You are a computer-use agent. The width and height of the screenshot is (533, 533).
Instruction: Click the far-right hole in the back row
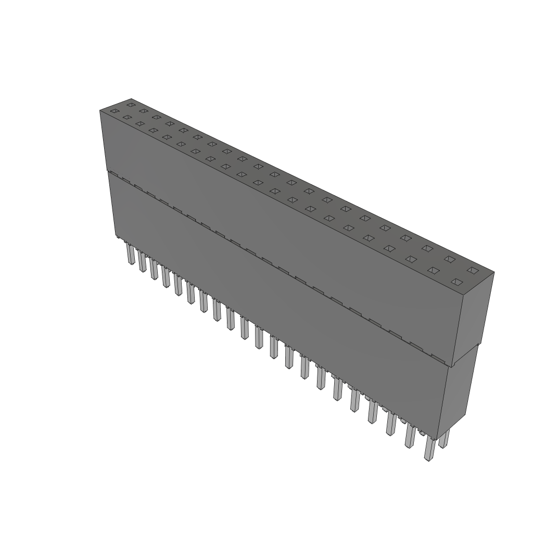[x=472, y=270]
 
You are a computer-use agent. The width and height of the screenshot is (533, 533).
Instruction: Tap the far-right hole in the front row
[x=456, y=282]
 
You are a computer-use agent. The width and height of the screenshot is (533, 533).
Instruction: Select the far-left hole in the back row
[x=131, y=105]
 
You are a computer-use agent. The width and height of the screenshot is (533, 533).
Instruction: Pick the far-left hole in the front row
[x=115, y=111]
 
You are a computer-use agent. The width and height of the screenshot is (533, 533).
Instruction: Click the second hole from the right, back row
[x=449, y=259]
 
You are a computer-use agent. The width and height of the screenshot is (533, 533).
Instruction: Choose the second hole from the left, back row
[x=143, y=111]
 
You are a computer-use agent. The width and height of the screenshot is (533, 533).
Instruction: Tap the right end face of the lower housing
[x=458, y=396]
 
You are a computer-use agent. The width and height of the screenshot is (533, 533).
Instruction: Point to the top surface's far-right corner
[x=494, y=272]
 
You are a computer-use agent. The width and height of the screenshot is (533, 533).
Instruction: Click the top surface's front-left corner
[x=100, y=110]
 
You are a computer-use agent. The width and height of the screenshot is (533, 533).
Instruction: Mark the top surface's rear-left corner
[x=131, y=98]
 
